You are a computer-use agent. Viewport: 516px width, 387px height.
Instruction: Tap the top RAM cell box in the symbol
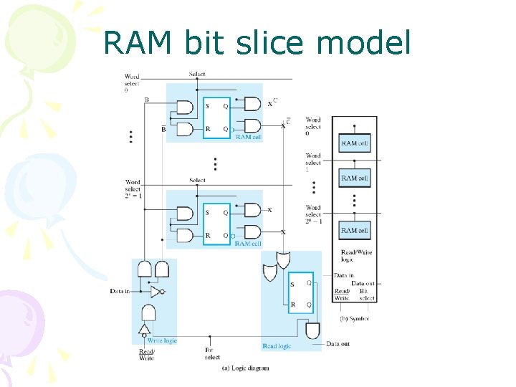(355, 143)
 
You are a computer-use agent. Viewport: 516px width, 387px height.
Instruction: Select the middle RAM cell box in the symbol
(355, 178)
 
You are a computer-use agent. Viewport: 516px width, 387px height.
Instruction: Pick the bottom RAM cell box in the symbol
(355, 231)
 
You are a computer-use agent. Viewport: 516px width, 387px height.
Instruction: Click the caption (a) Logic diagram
(245, 368)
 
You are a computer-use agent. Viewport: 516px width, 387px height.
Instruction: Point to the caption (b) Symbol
(354, 317)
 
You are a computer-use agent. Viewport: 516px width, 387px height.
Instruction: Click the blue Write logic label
(161, 340)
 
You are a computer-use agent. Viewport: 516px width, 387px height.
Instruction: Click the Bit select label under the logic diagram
(211, 353)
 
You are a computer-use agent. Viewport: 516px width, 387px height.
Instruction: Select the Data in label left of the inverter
(120, 291)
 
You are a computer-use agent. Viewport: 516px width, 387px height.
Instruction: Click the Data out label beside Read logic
(338, 344)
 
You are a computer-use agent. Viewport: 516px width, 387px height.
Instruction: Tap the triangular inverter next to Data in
(156, 292)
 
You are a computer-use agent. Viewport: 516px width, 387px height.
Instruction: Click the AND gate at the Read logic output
(312, 330)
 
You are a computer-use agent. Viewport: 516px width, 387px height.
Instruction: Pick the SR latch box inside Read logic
(301, 295)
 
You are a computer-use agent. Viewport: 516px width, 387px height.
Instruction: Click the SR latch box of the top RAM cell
(216, 118)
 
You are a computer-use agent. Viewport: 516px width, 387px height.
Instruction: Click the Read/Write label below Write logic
(146, 355)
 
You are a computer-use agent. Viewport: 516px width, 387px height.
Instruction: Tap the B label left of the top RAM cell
(147, 100)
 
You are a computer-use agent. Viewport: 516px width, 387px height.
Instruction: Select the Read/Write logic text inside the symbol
(355, 257)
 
